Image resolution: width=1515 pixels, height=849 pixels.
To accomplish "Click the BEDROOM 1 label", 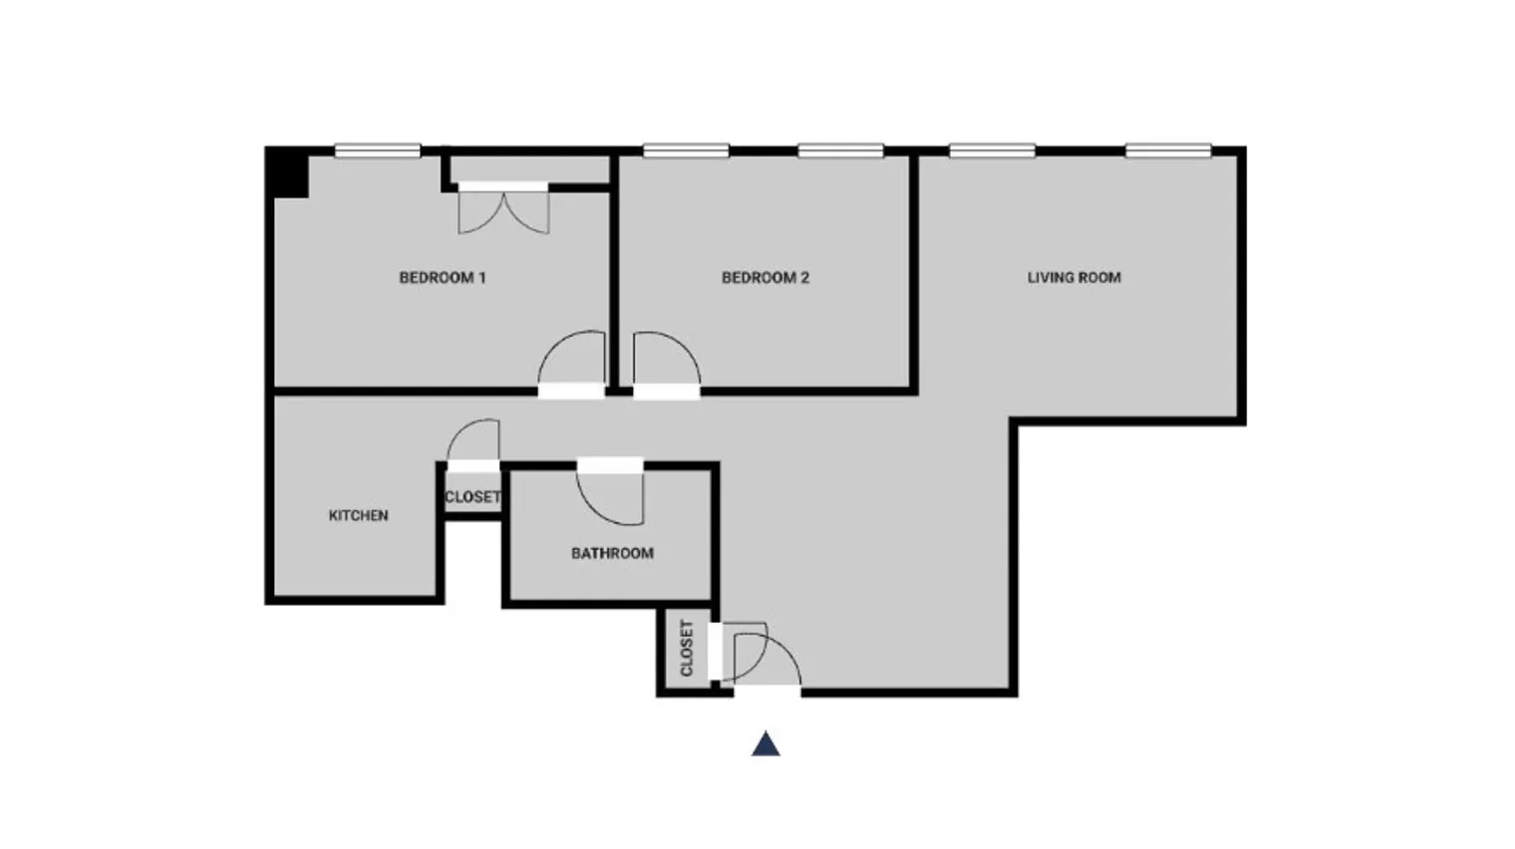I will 442,278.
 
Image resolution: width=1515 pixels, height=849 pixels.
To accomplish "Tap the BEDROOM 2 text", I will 764,278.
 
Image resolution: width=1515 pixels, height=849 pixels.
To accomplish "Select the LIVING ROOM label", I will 1073,278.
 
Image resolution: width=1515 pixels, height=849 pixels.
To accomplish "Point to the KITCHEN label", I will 358,515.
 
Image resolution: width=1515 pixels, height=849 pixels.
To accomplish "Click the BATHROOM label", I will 612,553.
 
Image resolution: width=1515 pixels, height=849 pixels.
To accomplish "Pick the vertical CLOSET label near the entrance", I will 687,649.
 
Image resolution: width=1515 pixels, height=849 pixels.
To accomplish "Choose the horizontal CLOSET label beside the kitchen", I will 472,496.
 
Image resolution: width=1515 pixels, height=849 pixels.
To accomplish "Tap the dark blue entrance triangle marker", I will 765,744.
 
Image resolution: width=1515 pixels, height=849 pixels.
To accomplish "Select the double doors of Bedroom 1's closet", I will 503,210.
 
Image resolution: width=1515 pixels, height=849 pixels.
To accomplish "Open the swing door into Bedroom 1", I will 573,361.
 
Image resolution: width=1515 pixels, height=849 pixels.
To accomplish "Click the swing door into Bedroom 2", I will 665,361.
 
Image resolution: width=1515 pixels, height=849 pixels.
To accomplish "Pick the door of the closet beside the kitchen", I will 474,442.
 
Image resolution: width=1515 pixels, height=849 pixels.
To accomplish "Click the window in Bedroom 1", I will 377,151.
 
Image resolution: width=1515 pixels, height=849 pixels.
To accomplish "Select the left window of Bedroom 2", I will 685,151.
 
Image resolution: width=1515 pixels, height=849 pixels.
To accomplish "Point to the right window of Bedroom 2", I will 840,151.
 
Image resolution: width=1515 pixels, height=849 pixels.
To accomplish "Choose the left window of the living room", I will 992,151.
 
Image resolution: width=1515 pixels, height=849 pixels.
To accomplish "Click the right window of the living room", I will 1168,151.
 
